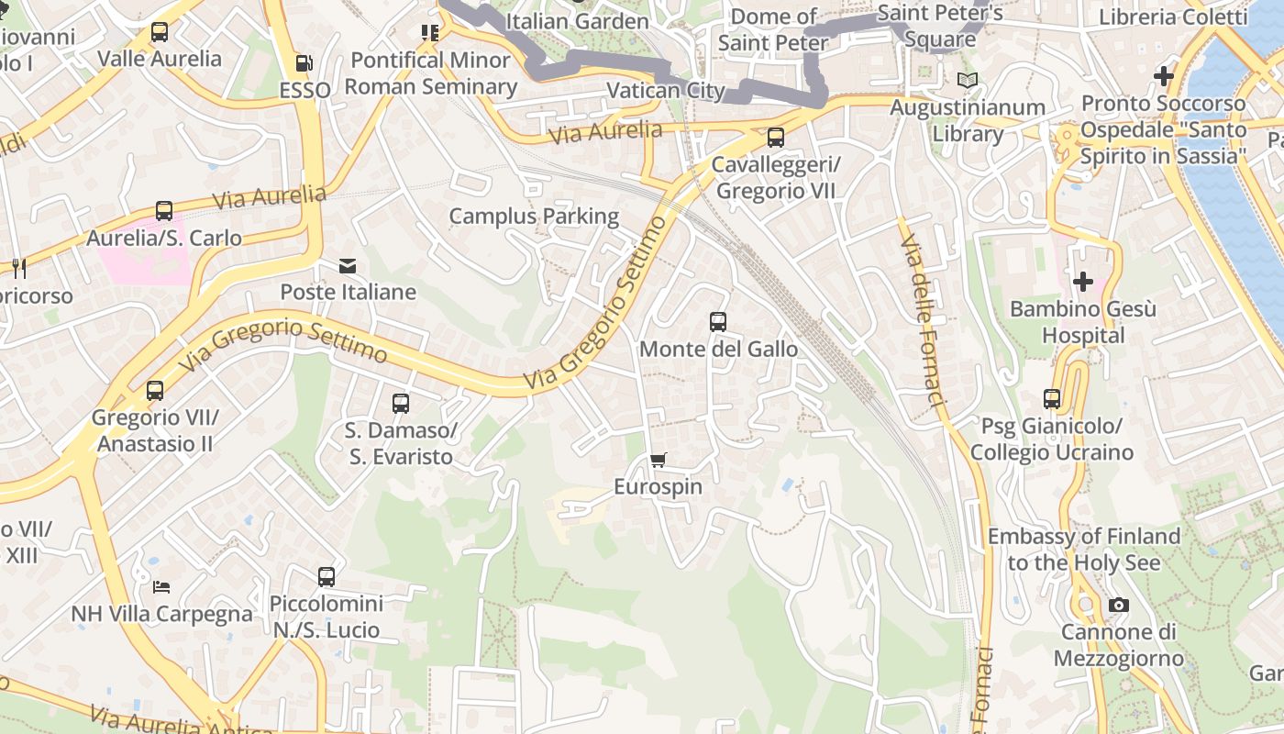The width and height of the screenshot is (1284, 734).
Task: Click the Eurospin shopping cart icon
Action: pos(658,460)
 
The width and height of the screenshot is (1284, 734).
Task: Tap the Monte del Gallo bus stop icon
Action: pos(718,322)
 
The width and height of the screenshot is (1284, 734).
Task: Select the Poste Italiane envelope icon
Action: pos(348,266)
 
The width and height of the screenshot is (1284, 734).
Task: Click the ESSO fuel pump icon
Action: pos(304,63)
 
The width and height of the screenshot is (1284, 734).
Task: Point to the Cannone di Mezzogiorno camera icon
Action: pos(1118,605)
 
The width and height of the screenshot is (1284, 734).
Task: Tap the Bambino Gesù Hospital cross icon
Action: pos(1083,281)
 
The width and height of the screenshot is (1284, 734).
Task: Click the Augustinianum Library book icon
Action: pos(968,80)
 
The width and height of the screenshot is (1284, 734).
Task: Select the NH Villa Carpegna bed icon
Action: pos(161,586)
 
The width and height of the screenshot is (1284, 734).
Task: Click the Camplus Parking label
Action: pos(534,217)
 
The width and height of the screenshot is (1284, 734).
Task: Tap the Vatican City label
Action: pos(666,91)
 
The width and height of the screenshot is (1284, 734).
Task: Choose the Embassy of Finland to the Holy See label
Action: pos(1084,549)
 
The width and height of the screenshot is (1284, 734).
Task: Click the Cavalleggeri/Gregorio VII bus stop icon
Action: pos(776,138)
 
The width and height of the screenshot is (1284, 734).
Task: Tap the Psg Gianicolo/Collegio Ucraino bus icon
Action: pos(1052,399)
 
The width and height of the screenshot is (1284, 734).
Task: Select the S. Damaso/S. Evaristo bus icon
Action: pos(400,403)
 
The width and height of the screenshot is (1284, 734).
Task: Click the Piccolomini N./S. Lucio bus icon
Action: pos(327,577)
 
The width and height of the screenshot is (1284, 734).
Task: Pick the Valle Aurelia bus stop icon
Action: pos(160,32)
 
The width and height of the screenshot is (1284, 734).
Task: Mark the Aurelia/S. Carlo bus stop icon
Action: pos(164,211)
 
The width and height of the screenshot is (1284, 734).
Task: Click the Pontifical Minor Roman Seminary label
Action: pos(431,73)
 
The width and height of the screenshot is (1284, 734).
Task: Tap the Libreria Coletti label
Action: pos(1173,17)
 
